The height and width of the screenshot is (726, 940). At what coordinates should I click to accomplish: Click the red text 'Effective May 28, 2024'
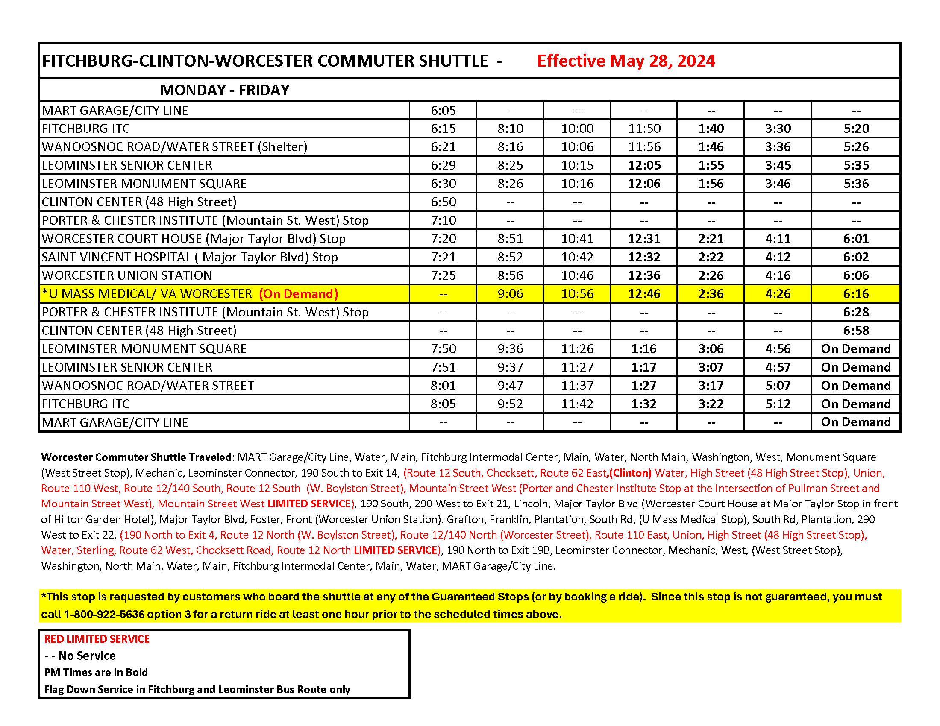click(x=626, y=61)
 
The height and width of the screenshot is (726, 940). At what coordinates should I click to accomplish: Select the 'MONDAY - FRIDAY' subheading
click(x=224, y=90)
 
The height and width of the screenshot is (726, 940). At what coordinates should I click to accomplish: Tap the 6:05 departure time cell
click(x=443, y=111)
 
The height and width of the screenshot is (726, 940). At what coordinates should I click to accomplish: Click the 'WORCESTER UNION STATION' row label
click(x=126, y=275)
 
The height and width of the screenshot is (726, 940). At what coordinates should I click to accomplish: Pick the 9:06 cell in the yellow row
click(x=510, y=294)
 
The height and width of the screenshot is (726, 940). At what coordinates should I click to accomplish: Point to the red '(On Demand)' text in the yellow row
click(x=298, y=294)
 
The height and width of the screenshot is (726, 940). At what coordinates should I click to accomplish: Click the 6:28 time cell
click(x=856, y=312)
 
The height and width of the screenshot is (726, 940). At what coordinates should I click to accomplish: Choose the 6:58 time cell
click(x=856, y=330)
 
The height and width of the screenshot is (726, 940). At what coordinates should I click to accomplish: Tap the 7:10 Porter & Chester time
click(x=443, y=220)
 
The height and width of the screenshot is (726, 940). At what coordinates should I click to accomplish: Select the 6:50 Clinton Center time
click(x=443, y=202)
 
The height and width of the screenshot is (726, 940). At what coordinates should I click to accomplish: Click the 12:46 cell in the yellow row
click(x=644, y=294)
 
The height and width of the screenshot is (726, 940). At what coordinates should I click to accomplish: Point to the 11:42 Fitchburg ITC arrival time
click(x=577, y=404)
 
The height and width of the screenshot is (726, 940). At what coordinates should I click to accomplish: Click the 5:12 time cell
click(x=778, y=404)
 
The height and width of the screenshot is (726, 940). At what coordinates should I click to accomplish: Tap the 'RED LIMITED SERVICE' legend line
click(x=97, y=639)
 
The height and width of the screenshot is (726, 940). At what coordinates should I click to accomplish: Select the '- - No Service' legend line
click(x=80, y=656)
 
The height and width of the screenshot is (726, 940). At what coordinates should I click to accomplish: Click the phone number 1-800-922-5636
click(x=104, y=614)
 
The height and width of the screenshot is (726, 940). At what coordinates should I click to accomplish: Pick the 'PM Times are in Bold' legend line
click(x=96, y=672)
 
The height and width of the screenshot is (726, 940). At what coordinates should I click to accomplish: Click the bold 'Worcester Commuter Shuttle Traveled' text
click(x=136, y=457)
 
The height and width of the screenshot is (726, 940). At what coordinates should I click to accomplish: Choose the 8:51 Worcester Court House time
click(x=510, y=239)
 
